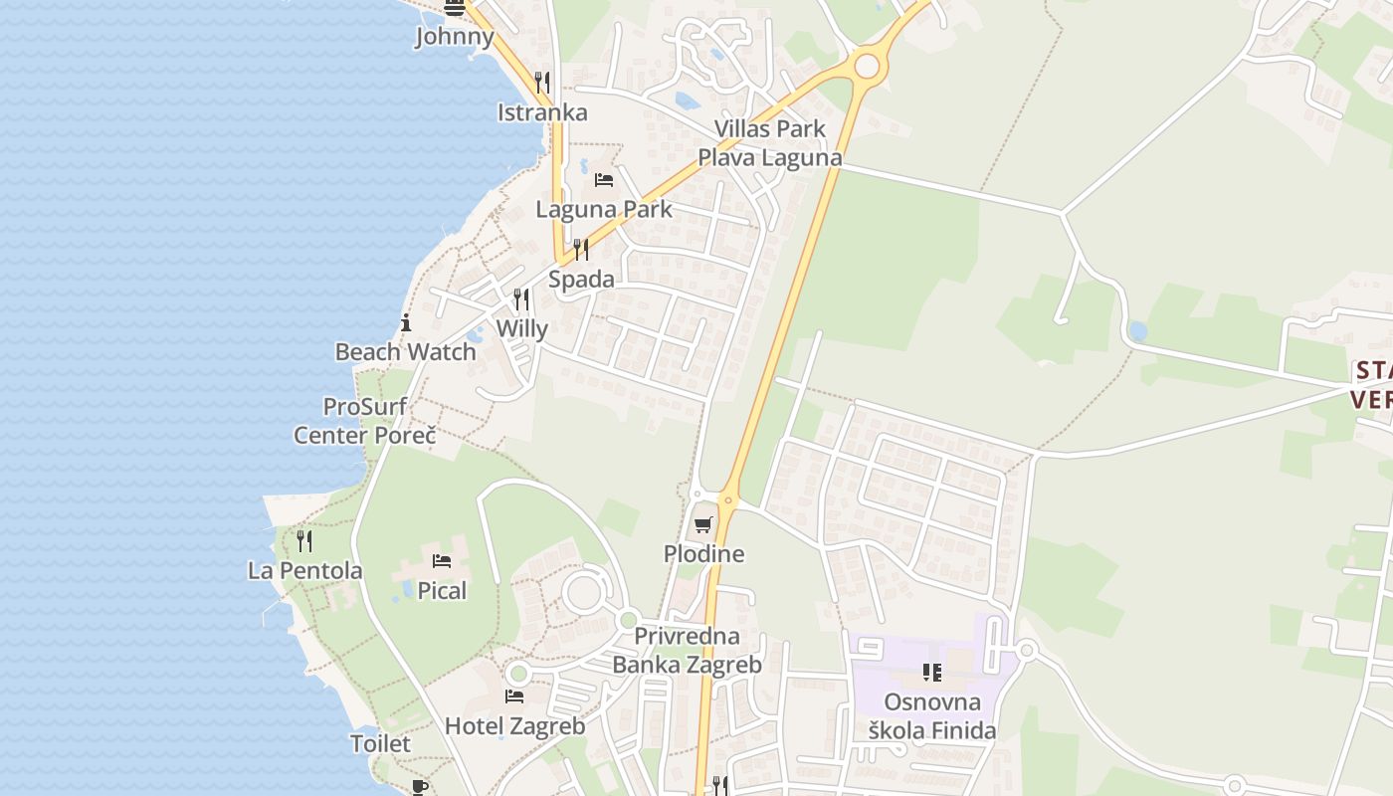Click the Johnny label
point(455,37)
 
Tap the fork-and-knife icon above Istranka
point(542,82)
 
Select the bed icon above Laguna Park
point(604,180)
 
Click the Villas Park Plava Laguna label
point(769,143)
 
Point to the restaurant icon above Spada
point(581,249)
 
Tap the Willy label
point(521,328)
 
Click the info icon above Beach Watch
point(406,322)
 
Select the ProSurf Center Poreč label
point(365,421)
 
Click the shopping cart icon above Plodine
point(704,524)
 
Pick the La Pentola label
point(304,570)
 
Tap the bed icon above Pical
point(442,561)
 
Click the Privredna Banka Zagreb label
point(687,651)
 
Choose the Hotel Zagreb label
point(514,726)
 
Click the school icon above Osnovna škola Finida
point(932,673)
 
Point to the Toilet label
point(380,743)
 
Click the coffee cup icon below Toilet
point(420,786)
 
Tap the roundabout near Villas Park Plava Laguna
point(868,66)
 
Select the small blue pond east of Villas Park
point(1137,330)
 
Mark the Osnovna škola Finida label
point(931,716)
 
